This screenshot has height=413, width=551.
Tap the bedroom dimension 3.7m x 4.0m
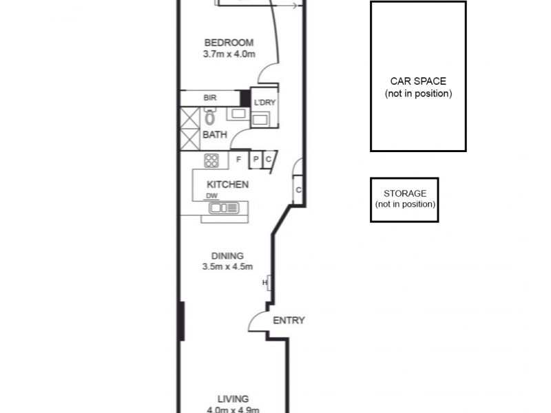[229, 54]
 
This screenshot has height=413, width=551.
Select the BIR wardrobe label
[209, 98]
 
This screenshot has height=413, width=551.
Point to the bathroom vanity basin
[238, 114]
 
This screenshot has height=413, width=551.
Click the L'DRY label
[264, 104]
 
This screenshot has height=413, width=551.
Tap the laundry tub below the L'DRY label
[261, 120]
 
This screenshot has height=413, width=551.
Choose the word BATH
[214, 135]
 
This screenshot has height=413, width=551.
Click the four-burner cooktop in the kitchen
[211, 160]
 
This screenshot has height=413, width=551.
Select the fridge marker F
[238, 160]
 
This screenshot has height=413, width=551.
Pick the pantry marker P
[256, 160]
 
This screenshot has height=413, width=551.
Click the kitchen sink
[223, 207]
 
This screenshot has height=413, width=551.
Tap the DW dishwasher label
[211, 196]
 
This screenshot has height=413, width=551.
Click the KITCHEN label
[227, 184]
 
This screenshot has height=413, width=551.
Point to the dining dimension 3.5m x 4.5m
[227, 267]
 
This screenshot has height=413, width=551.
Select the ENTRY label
[289, 321]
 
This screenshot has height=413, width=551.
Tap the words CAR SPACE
[418, 81]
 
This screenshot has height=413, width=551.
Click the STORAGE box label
[404, 193]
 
